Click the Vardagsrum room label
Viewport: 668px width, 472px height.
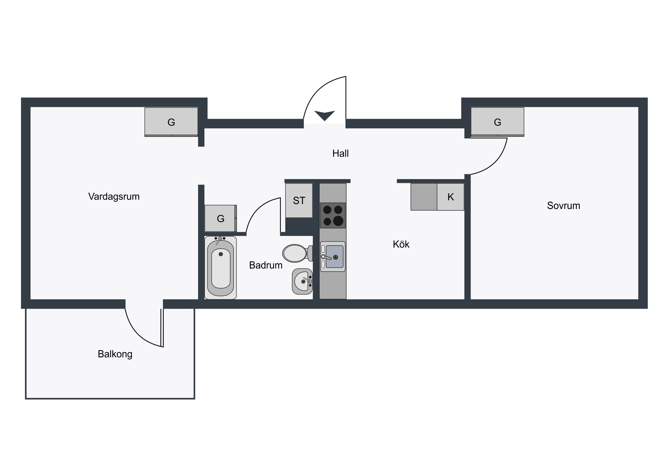tap(114, 197)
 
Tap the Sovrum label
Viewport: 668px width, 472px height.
tap(563, 206)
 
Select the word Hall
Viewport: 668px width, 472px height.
tap(340, 153)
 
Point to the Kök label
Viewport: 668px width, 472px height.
tap(401, 244)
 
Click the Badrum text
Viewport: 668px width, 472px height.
tap(266, 265)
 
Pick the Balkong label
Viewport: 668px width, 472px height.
tap(115, 354)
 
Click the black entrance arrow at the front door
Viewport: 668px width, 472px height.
tap(325, 116)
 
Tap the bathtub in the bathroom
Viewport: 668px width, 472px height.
tap(220, 268)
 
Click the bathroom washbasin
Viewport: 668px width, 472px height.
tap(302, 281)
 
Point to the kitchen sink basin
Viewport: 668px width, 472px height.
tap(334, 257)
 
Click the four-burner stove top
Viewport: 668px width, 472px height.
tap(333, 215)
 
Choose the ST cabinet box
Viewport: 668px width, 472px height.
tap(299, 200)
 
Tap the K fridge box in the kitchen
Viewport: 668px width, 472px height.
tap(450, 197)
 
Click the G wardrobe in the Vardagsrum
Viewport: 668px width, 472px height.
tap(171, 122)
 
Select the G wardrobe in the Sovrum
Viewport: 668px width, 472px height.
tap(498, 122)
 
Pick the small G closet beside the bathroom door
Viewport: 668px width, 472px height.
tap(220, 218)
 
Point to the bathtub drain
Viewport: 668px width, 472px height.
tap(221, 254)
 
